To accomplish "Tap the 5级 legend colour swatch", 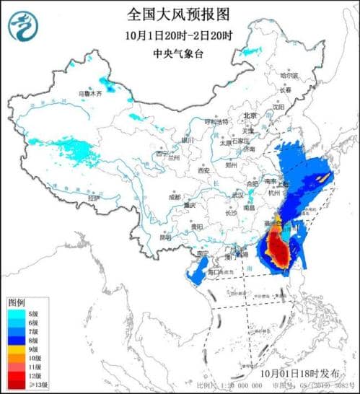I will (x=17, y=313).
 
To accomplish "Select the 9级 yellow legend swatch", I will (x=17, y=348).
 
